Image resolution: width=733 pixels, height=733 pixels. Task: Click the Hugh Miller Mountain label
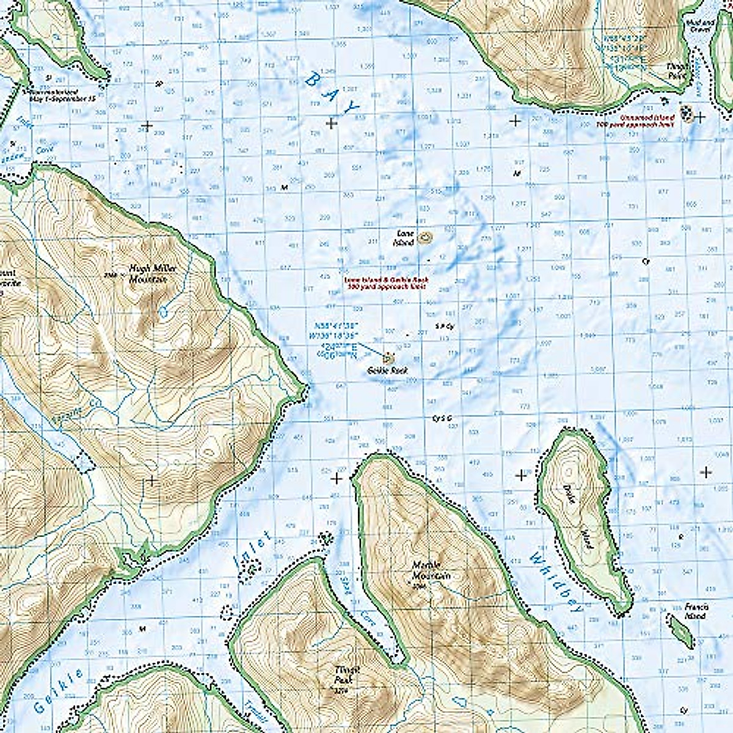146,273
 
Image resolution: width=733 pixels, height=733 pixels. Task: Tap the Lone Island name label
404,238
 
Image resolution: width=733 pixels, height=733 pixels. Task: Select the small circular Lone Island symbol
425,238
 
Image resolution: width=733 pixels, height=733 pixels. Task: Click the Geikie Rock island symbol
388,357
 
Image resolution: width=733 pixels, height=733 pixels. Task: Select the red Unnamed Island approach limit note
646,119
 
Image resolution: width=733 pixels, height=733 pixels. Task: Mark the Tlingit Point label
677,71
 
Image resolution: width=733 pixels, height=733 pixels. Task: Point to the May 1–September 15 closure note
58,95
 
